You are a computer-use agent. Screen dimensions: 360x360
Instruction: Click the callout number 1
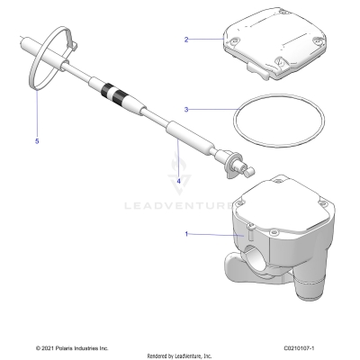point(185,234)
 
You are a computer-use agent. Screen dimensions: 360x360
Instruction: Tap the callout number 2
point(185,40)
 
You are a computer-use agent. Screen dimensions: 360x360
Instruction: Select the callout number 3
point(185,110)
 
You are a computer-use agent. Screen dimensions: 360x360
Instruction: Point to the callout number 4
point(178,181)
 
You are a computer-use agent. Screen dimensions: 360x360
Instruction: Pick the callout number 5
point(37,141)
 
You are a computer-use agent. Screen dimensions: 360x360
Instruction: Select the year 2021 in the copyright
point(47,347)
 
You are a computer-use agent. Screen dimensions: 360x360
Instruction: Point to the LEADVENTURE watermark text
point(180,204)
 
